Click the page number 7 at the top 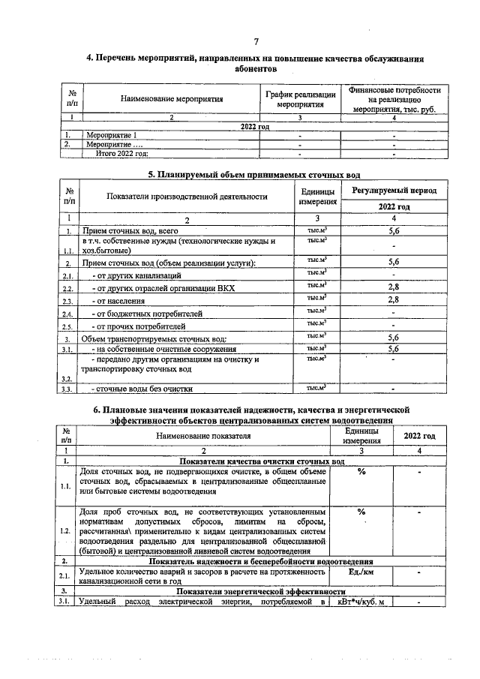point(256,41)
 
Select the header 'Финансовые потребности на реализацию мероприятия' point(394,99)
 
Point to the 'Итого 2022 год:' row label point(121,153)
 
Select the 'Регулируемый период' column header point(394,192)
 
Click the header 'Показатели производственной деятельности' point(187,197)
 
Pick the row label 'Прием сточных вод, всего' point(129,232)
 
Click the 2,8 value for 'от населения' point(394,300)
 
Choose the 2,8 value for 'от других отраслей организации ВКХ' point(394,287)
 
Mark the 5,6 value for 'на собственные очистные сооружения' point(394,349)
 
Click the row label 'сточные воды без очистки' point(142,389)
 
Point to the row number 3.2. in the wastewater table point(67,379)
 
